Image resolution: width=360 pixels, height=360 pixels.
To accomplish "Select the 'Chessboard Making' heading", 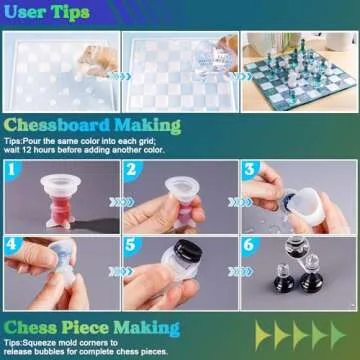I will [93, 126].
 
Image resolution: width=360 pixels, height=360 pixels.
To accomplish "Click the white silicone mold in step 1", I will [59, 193].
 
